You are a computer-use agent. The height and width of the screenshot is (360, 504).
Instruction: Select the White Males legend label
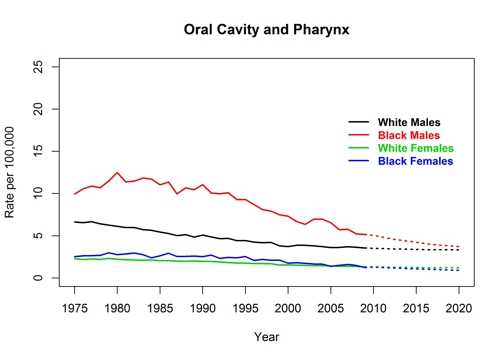point(408,122)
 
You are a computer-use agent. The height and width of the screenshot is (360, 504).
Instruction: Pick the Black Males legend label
point(408,135)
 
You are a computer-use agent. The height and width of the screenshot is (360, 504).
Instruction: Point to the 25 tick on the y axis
point(37,66)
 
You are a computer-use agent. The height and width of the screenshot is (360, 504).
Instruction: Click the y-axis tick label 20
point(37,108)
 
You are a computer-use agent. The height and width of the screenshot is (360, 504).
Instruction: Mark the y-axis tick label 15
point(37,151)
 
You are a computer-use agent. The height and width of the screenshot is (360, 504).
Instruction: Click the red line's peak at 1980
point(118,172)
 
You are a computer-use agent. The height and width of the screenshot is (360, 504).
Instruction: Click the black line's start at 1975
point(75,222)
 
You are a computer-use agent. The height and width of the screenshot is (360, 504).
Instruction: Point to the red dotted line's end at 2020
point(459,247)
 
